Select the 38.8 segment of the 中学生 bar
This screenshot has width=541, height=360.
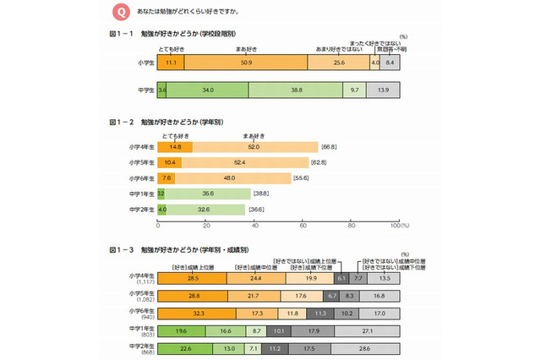pos(296,89)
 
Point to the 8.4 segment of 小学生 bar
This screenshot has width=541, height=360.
pos(390,63)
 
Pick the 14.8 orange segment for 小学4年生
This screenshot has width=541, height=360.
pos(175,147)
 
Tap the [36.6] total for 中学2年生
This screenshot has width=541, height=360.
pos(258,209)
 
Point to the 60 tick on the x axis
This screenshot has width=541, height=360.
pos(303,226)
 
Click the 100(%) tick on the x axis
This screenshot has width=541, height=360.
pos(397,226)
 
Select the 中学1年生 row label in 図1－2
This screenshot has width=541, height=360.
pos(142,194)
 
